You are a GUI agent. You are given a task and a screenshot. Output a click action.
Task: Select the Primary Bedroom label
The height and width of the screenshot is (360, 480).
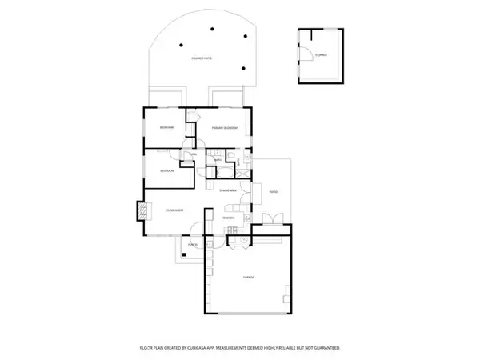click(223, 128)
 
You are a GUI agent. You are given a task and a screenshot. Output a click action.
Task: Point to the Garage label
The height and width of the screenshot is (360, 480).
click(248, 277)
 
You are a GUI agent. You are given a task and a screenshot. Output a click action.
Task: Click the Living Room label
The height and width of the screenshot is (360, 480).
click(174, 210)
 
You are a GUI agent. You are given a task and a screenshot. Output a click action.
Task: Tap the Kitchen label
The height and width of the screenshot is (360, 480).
click(227, 218)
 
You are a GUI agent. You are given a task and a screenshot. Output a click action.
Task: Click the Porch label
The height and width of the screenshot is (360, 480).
click(193, 245)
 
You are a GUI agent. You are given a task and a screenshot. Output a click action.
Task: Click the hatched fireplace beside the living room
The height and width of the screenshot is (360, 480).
click(142, 210)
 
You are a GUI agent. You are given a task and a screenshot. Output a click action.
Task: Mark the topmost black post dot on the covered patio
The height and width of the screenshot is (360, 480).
click(213, 29)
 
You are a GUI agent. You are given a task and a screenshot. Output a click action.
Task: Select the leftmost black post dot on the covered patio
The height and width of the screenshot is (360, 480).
click(182, 45)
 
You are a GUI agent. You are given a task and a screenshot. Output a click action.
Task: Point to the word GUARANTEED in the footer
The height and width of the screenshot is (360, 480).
click(325, 348)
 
